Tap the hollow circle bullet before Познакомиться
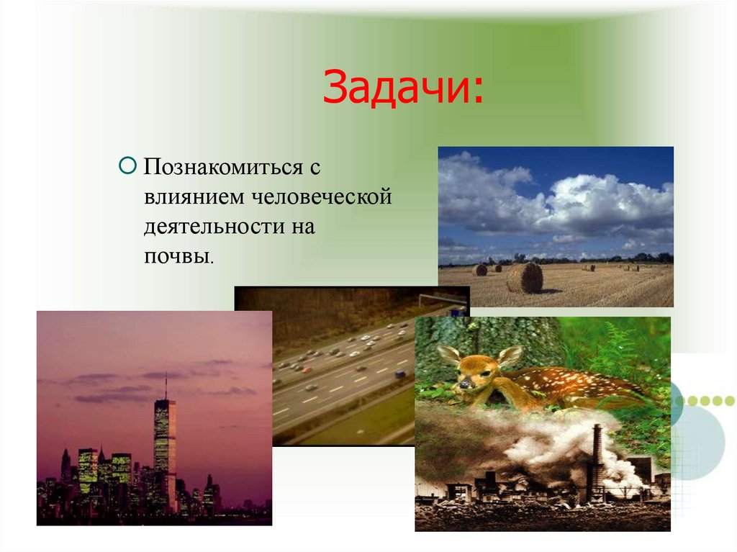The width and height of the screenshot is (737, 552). (x=127, y=167)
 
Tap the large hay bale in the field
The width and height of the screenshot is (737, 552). (x=525, y=278)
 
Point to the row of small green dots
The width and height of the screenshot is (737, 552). (x=709, y=401)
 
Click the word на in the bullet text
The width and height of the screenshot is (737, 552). (x=303, y=227)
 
